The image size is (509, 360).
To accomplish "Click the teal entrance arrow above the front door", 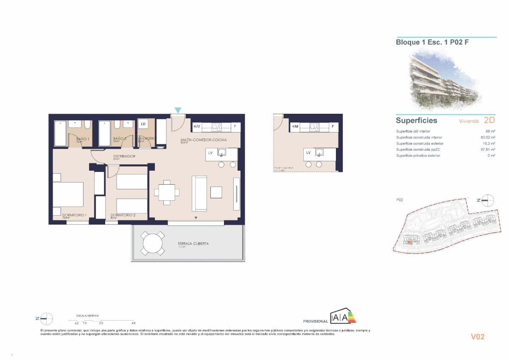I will click(178, 110).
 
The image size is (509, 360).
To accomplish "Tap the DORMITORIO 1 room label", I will click(74, 215).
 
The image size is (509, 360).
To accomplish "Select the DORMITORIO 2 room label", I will click(123, 215).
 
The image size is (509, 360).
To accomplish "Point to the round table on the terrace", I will click(152, 244).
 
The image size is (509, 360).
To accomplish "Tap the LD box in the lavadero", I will click(143, 124).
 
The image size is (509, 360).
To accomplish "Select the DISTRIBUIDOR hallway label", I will click(124, 156).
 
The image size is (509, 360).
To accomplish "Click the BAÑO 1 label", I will click(83, 139).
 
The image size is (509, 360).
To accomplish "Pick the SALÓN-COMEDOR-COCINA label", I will click(204, 140).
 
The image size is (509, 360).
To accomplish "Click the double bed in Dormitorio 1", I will click(68, 194).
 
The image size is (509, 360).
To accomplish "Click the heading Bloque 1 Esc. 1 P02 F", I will click(432, 42).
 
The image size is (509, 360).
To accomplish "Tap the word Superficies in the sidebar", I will click(416, 121).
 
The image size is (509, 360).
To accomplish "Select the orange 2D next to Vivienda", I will click(489, 121).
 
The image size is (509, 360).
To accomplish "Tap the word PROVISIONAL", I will click(315, 321).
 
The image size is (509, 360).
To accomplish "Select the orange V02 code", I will click(477, 337).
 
